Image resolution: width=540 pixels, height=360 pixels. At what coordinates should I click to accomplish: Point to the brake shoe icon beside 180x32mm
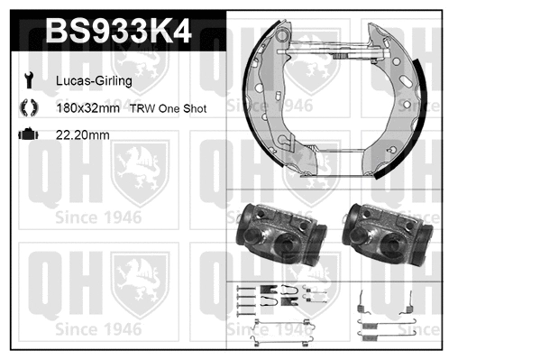tap(28, 107)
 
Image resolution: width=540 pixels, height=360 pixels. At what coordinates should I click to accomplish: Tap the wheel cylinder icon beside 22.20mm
tap(28, 134)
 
